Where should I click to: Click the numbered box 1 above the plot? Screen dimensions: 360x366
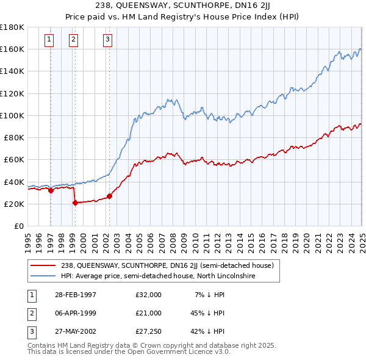48,40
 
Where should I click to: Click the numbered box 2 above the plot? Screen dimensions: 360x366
73,40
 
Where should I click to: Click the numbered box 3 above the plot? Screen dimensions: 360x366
107,40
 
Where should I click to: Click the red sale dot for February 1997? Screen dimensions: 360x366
51,190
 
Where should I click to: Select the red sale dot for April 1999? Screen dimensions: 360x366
74,203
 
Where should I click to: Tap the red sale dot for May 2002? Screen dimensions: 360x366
109,196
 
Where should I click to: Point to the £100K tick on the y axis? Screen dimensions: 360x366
12,115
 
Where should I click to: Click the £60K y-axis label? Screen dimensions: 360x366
14,159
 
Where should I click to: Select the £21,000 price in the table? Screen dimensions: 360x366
148,313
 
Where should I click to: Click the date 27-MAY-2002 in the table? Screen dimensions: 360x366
74,332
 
